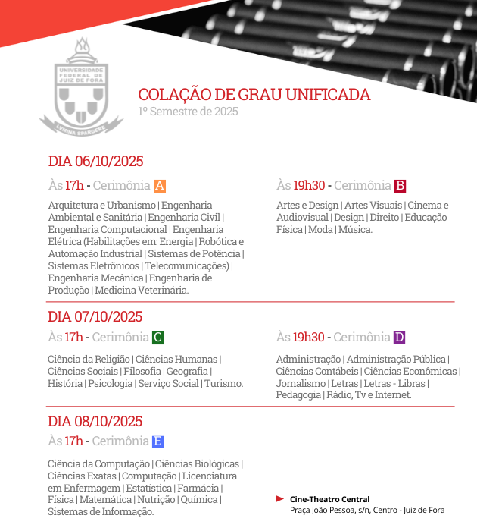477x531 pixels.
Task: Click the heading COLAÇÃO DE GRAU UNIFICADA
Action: pos(254,95)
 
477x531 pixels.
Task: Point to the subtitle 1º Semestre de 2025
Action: pos(188,112)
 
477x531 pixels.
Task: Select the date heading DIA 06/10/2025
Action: pos(95,161)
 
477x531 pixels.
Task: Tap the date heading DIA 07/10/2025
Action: pos(95,317)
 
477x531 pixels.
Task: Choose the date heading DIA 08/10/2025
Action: pos(95,422)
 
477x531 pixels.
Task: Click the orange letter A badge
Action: pos(160,186)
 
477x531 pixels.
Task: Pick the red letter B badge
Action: pos(401,186)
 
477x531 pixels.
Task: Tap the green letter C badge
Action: pos(157,338)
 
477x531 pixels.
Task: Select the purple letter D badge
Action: pos(400,338)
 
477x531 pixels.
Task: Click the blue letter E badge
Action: pos(157,441)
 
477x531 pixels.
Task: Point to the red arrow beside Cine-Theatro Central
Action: pos(280,498)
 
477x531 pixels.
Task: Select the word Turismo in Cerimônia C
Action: pos(223,383)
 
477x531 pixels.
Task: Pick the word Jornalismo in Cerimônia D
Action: pos(301,383)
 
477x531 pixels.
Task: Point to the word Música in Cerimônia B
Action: pos(355,229)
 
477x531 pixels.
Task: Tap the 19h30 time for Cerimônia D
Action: pos(309,338)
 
